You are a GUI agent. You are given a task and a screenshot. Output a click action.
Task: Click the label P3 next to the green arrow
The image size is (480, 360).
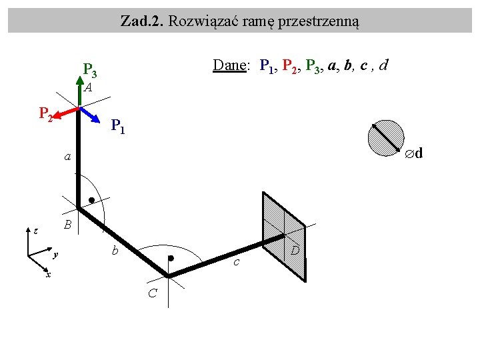click(x=90, y=69)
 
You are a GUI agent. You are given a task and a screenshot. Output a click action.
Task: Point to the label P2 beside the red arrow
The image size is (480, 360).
click(x=45, y=114)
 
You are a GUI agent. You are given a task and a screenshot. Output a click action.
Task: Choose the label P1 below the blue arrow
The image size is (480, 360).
click(x=117, y=125)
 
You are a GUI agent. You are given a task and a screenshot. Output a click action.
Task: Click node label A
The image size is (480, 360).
click(x=88, y=87)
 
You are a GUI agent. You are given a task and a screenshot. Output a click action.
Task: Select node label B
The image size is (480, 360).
click(x=67, y=225)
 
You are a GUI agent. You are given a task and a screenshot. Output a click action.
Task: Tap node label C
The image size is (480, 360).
click(x=153, y=293)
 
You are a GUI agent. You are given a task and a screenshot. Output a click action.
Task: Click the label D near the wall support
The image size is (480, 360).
click(x=296, y=250)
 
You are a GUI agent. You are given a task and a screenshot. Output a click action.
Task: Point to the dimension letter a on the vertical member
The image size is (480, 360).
click(x=67, y=157)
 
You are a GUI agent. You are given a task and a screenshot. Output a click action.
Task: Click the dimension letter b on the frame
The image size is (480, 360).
click(x=115, y=251)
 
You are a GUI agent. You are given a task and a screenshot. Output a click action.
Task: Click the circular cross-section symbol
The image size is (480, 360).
click(x=387, y=137)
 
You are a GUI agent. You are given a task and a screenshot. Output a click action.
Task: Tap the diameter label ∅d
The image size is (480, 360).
click(x=415, y=154)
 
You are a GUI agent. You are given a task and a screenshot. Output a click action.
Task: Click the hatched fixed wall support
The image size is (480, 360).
click(x=283, y=233)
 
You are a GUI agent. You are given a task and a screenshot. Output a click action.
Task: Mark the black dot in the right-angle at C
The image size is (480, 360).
click(x=171, y=258)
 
